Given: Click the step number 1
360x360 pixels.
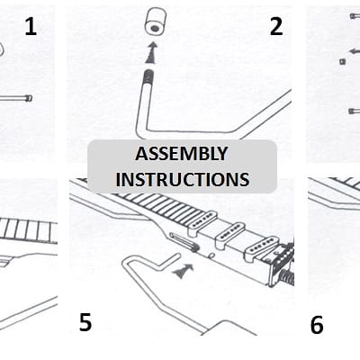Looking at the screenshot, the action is pyautogui.click(x=31, y=26).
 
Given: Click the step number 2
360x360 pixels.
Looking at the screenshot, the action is pyautogui.click(x=276, y=26).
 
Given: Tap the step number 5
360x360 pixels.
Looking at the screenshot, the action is pyautogui.click(x=85, y=322).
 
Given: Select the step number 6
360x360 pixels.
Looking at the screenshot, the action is pyautogui.click(x=317, y=325).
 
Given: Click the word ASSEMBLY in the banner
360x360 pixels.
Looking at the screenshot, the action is pyautogui.click(x=182, y=154).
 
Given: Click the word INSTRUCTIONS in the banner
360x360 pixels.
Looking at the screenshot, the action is pyautogui.click(x=183, y=179).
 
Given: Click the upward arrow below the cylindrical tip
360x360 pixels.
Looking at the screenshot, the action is pyautogui.click(x=152, y=53).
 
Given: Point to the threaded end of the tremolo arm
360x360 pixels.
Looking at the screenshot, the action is pyautogui.click(x=148, y=77).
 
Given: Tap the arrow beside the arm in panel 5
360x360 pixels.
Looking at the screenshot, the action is pyautogui.click(x=183, y=271).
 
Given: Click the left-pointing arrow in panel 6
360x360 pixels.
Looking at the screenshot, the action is pyautogui.click(x=354, y=51).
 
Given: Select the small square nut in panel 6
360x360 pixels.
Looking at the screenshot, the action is pyautogui.click(x=342, y=61).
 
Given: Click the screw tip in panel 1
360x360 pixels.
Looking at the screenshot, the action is pyautogui.click(x=29, y=98).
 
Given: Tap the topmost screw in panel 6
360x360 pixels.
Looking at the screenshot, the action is pyautogui.click(x=355, y=15).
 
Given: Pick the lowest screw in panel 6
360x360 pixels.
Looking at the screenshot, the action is pyautogui.click(x=355, y=111).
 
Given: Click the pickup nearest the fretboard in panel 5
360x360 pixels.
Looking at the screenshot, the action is pyautogui.click(x=202, y=222).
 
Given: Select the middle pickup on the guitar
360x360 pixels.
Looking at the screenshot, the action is pyautogui.click(x=230, y=236).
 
